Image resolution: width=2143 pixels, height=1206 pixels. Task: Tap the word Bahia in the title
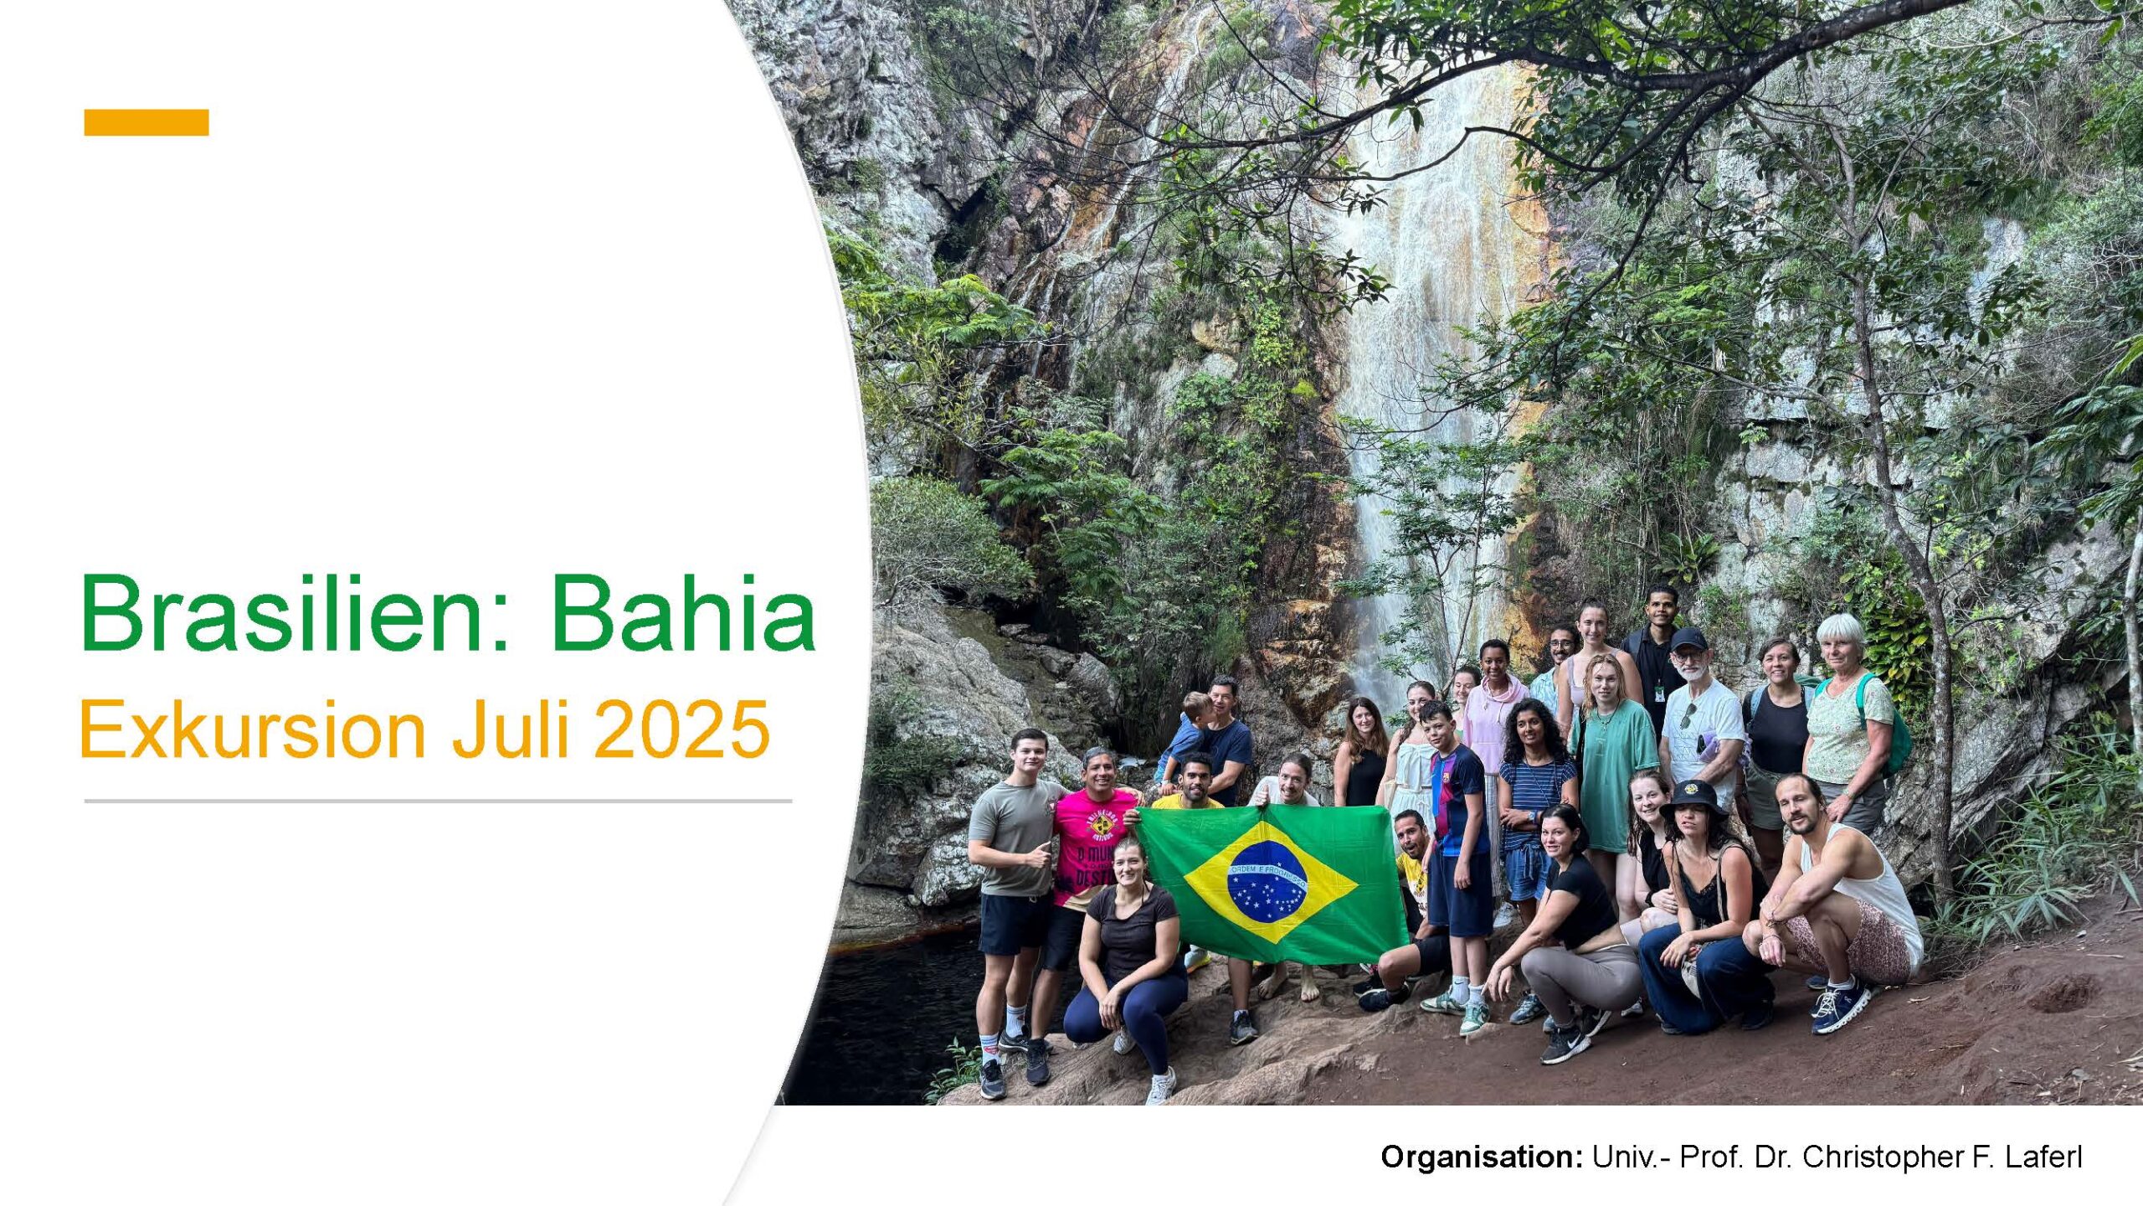tap(682, 613)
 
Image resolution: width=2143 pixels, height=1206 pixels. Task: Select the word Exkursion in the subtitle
tap(252, 730)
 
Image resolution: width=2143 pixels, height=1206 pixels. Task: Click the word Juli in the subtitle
tap(511, 730)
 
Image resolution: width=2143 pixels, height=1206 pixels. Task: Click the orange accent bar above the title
tap(146, 122)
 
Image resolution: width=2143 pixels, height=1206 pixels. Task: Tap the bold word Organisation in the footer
tap(1481, 1157)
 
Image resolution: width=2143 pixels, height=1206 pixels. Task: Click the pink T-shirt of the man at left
tap(1092, 846)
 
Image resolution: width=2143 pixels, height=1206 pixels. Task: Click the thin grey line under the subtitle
tap(438, 801)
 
